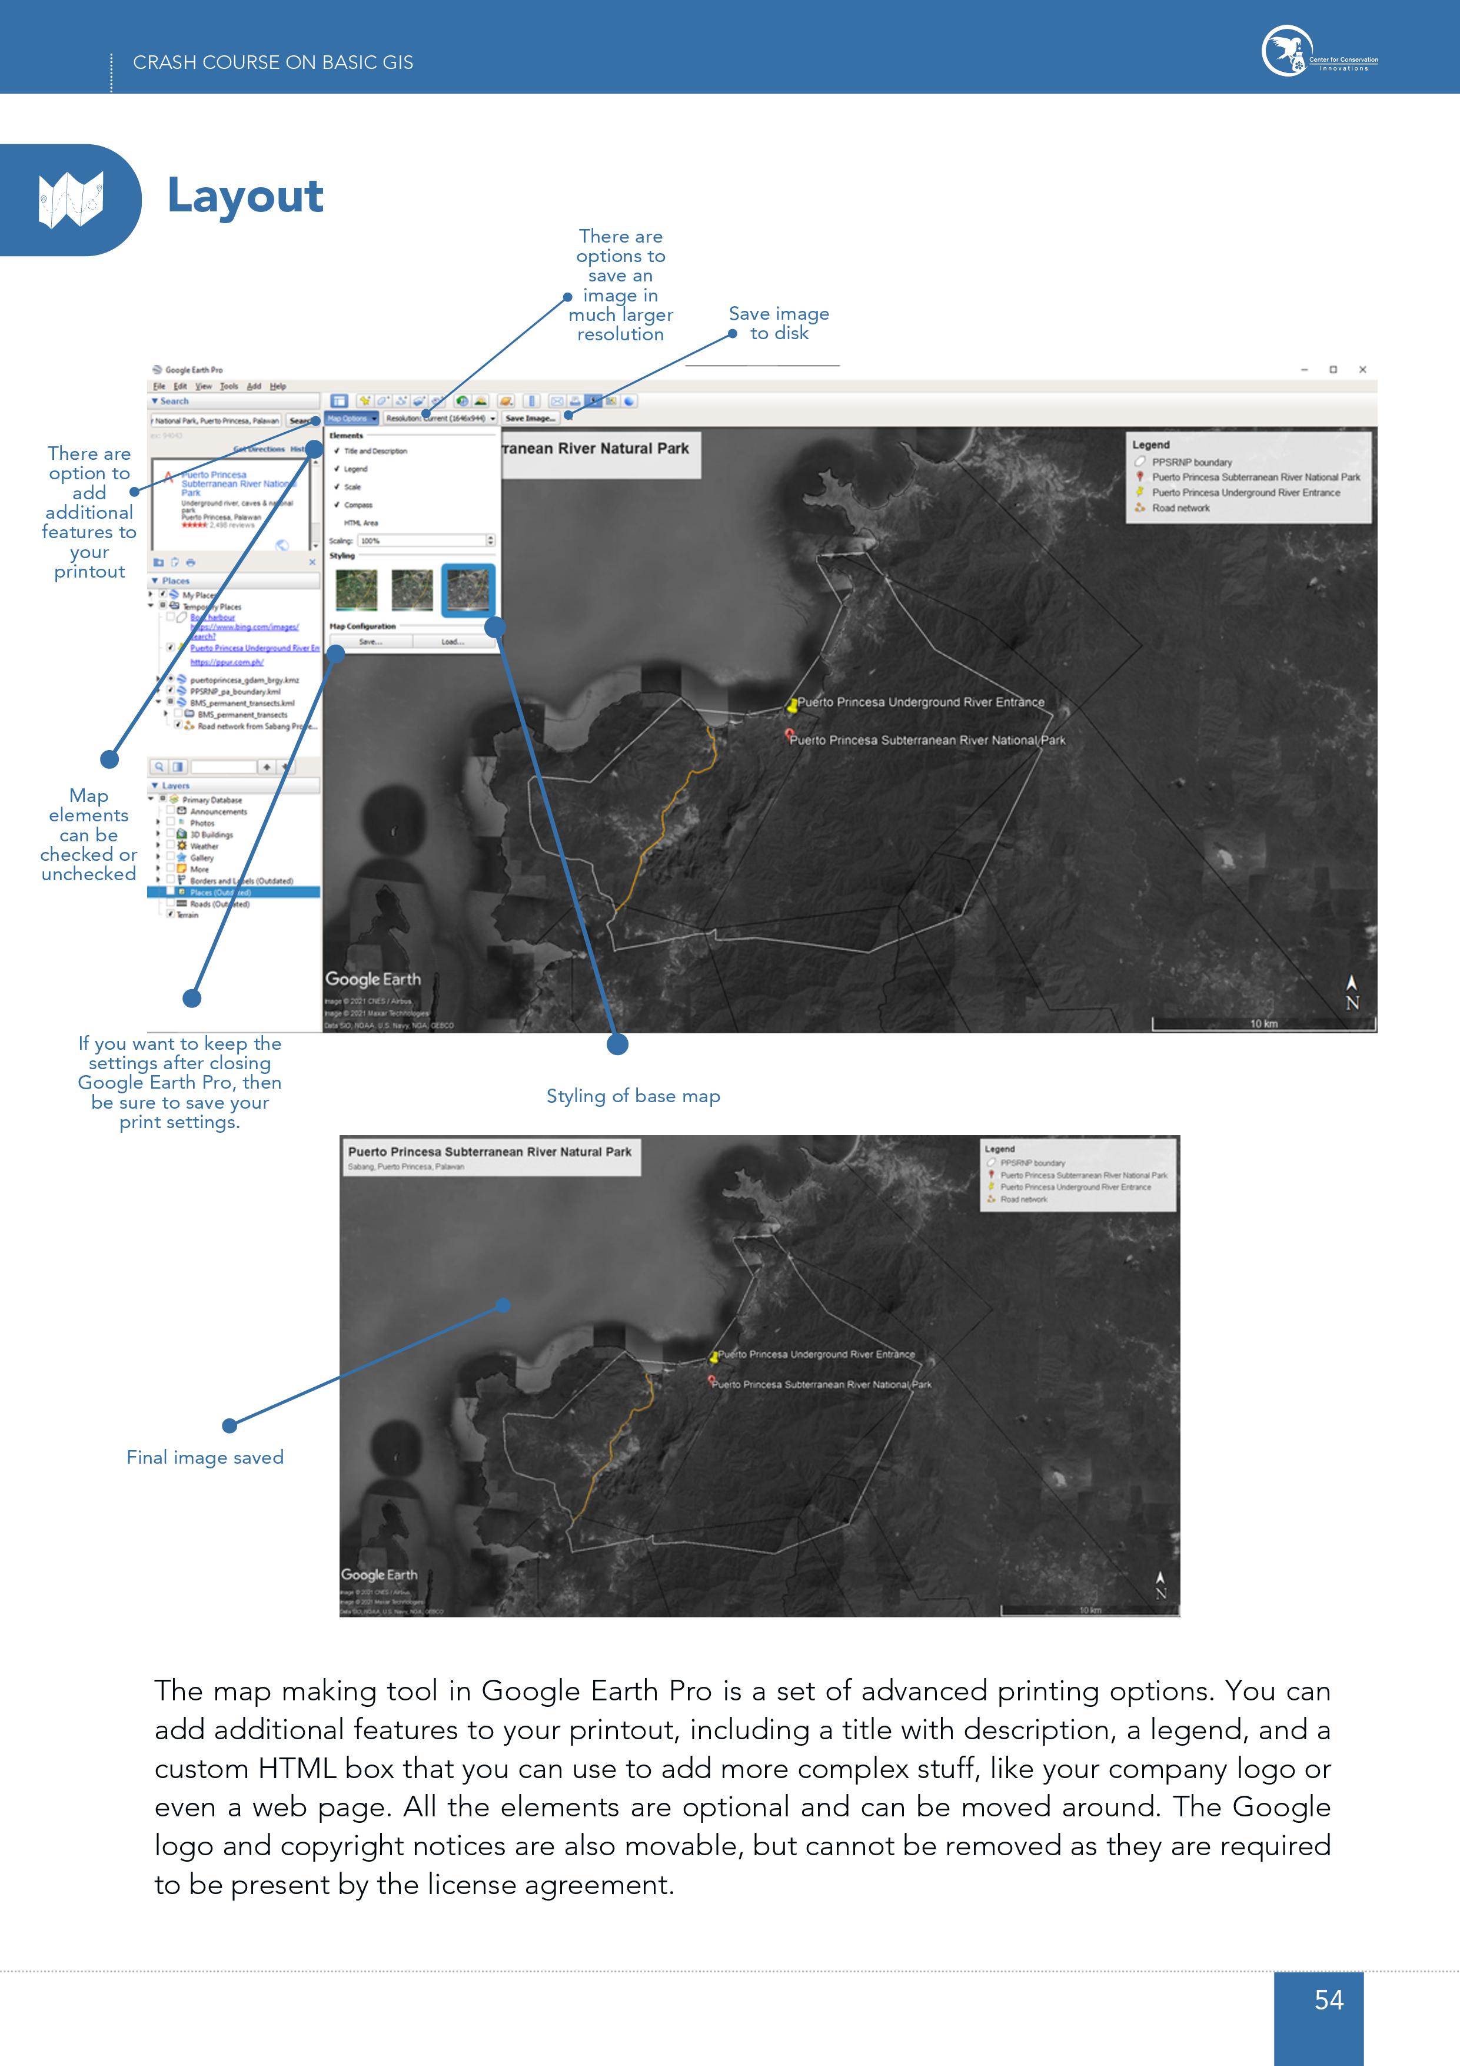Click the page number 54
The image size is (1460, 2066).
click(x=1329, y=1999)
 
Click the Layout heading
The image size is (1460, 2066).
click(x=245, y=196)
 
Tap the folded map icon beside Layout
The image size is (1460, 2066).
click(x=71, y=200)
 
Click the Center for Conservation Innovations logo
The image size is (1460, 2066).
click(x=1319, y=51)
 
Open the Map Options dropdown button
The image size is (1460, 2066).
click(x=351, y=419)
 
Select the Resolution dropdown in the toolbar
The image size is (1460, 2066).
click(x=441, y=419)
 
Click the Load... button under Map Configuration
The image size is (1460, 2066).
click(x=453, y=642)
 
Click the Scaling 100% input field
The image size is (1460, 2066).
click(x=423, y=541)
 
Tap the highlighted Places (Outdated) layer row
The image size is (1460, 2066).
click(x=221, y=893)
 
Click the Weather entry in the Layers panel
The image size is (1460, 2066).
click(x=204, y=846)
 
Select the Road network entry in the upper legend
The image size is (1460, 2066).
click(x=1180, y=508)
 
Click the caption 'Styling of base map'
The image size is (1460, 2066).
click(x=633, y=1096)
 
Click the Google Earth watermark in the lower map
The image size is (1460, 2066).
click(x=379, y=1575)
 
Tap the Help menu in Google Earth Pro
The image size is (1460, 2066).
click(x=278, y=386)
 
